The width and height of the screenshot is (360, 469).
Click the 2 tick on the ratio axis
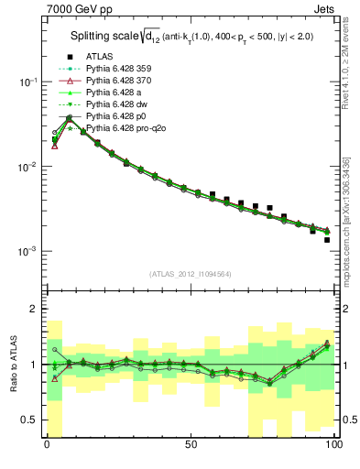pos(35,309)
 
